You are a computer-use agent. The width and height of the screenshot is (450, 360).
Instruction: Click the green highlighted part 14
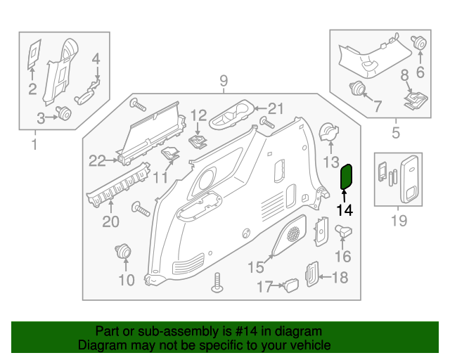click(x=346, y=176)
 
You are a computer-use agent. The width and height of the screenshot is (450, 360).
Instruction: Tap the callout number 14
click(x=345, y=210)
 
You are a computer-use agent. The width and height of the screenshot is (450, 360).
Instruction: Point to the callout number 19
click(x=399, y=222)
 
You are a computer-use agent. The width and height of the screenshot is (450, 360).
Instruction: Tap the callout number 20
click(x=111, y=222)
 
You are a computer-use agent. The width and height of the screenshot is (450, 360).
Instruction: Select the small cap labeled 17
click(x=290, y=283)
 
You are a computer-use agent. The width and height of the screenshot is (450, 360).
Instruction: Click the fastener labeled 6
click(x=420, y=43)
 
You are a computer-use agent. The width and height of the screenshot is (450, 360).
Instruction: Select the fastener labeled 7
click(x=359, y=89)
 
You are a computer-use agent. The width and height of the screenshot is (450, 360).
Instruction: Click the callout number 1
click(x=33, y=146)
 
